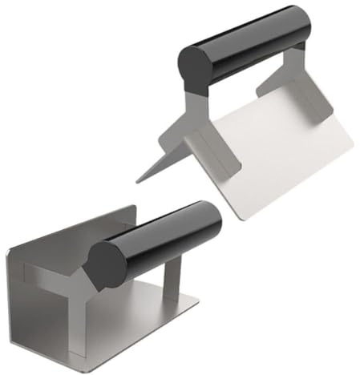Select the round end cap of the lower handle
[x=107, y=264]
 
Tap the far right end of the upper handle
[x=307, y=24]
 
